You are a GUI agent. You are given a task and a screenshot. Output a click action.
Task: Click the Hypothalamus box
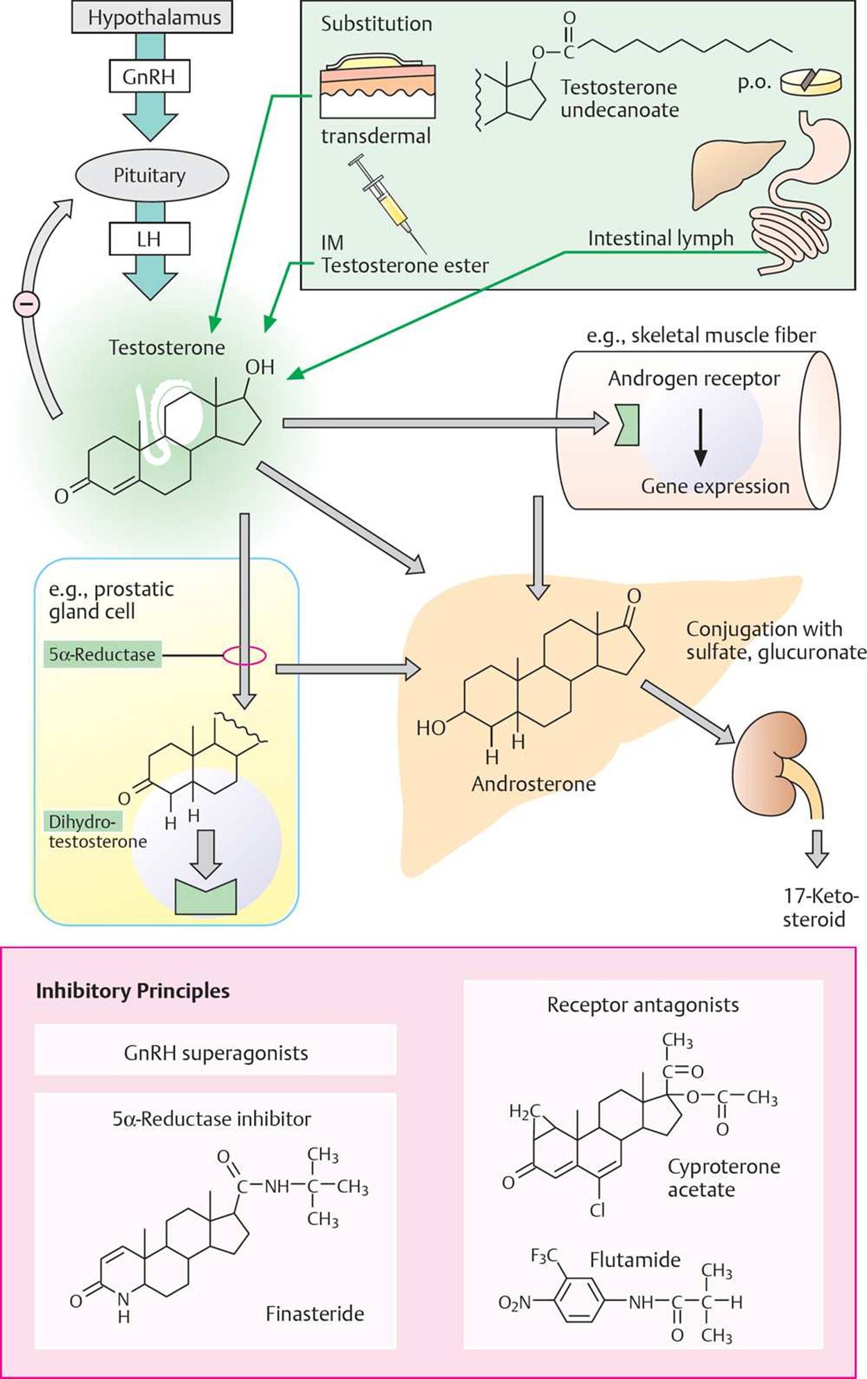click(x=153, y=17)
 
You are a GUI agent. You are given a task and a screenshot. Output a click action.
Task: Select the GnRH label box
click(x=149, y=76)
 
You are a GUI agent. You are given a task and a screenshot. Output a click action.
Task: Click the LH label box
click(x=149, y=239)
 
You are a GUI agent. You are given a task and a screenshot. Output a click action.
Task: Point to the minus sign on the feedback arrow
click(x=27, y=304)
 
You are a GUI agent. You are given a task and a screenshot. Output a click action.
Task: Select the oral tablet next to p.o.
click(x=812, y=81)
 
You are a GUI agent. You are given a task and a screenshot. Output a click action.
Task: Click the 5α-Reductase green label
click(x=102, y=654)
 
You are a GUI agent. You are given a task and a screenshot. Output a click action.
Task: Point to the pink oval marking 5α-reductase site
click(x=244, y=654)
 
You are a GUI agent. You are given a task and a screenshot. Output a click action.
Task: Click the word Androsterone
click(x=533, y=784)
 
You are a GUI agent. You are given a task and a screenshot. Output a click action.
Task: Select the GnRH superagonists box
click(x=216, y=1053)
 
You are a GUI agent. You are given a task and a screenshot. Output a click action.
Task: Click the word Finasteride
click(x=315, y=1313)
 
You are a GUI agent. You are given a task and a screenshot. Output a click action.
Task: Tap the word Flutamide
click(x=635, y=1260)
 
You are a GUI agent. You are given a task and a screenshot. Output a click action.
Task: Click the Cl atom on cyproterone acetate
click(x=597, y=1211)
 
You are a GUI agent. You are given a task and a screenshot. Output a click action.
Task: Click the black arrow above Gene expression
click(x=701, y=437)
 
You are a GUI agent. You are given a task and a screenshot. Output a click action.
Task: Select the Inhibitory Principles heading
click(x=132, y=991)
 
